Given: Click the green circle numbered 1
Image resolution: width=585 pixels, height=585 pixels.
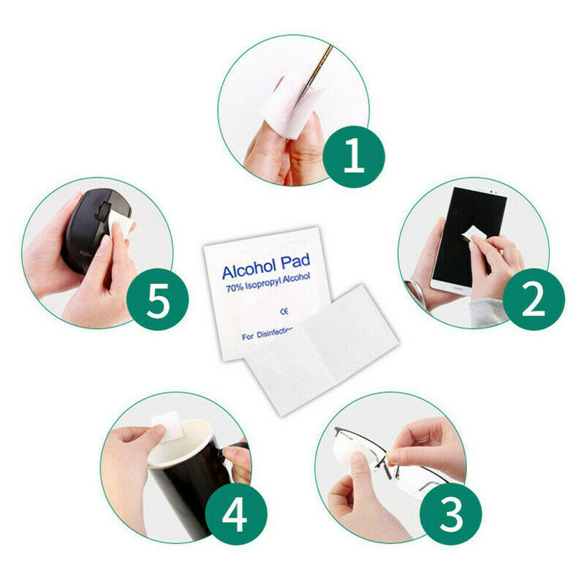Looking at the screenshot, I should pyautogui.click(x=354, y=156).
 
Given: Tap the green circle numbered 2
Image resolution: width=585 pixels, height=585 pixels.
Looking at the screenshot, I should pyautogui.click(x=534, y=299).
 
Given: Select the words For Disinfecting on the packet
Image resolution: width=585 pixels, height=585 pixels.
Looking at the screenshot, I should pyautogui.click(x=266, y=335).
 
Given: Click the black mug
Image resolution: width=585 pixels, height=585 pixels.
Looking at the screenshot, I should pyautogui.click(x=181, y=479).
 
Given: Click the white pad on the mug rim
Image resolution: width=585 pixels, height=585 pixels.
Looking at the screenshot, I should pyautogui.click(x=165, y=424).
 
